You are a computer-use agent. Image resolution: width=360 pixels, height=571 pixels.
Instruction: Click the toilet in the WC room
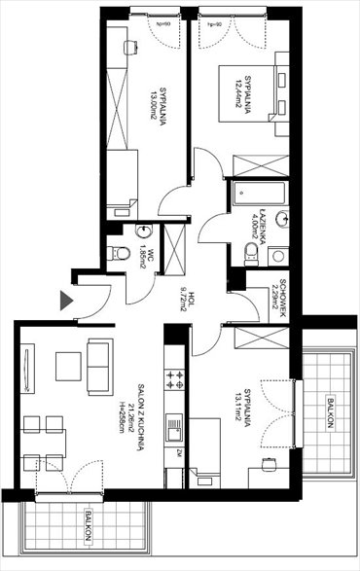118,253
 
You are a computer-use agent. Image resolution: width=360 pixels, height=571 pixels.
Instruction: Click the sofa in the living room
97,364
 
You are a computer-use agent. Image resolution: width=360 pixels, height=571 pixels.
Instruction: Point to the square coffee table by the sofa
67,366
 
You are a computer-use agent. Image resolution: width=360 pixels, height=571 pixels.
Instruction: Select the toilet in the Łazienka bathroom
251,255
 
